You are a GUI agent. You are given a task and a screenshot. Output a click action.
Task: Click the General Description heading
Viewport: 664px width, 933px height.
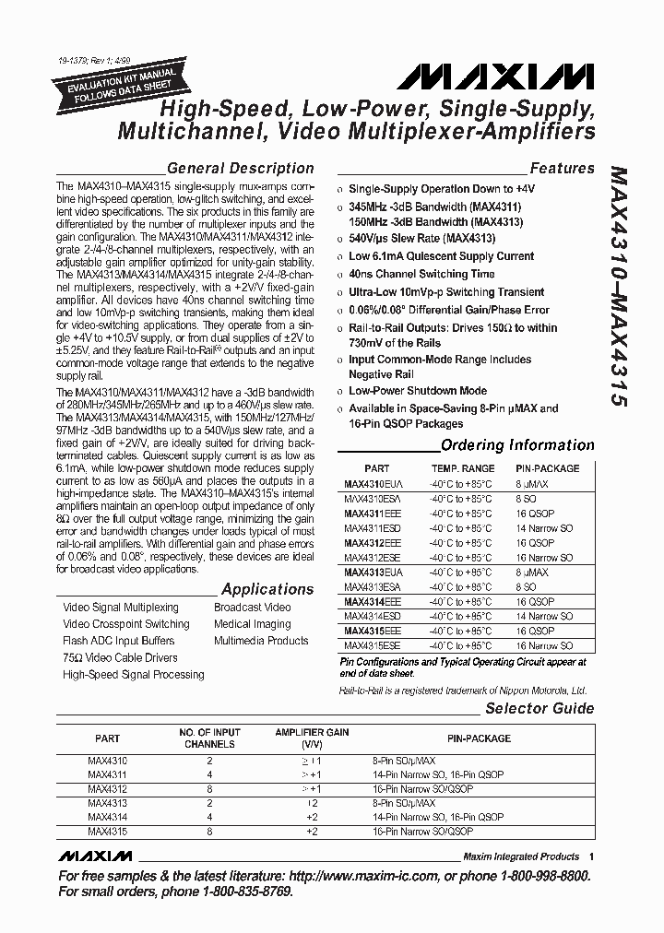tap(241, 169)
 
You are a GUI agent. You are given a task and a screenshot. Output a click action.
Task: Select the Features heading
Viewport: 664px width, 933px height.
tap(562, 169)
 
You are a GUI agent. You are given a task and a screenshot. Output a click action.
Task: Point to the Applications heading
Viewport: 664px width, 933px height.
tap(267, 589)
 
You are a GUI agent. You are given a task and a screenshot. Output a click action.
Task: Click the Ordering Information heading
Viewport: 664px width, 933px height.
tap(517, 445)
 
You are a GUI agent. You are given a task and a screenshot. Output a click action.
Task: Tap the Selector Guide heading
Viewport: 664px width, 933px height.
tap(539, 709)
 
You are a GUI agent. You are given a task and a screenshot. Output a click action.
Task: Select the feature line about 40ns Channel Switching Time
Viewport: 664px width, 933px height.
tap(421, 274)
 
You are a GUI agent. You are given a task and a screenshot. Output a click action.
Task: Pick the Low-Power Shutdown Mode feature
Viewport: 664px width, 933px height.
tap(417, 391)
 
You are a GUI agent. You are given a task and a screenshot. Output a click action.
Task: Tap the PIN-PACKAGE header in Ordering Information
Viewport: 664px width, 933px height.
tap(548, 468)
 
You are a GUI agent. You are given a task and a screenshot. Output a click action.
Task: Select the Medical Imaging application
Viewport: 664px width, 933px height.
tap(253, 624)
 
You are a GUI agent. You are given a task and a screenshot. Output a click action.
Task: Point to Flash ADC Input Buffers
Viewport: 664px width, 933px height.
tap(118, 641)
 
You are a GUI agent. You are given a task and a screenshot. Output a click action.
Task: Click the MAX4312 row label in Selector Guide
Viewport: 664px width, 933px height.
tap(107, 789)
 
